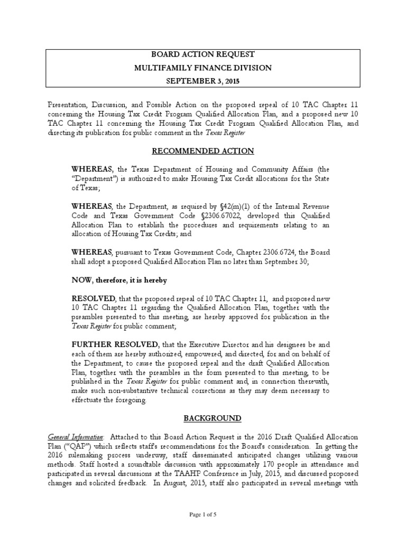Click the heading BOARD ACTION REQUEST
pos(203,54)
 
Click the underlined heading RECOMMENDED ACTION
pos(203,151)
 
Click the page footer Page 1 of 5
pos(203,515)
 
